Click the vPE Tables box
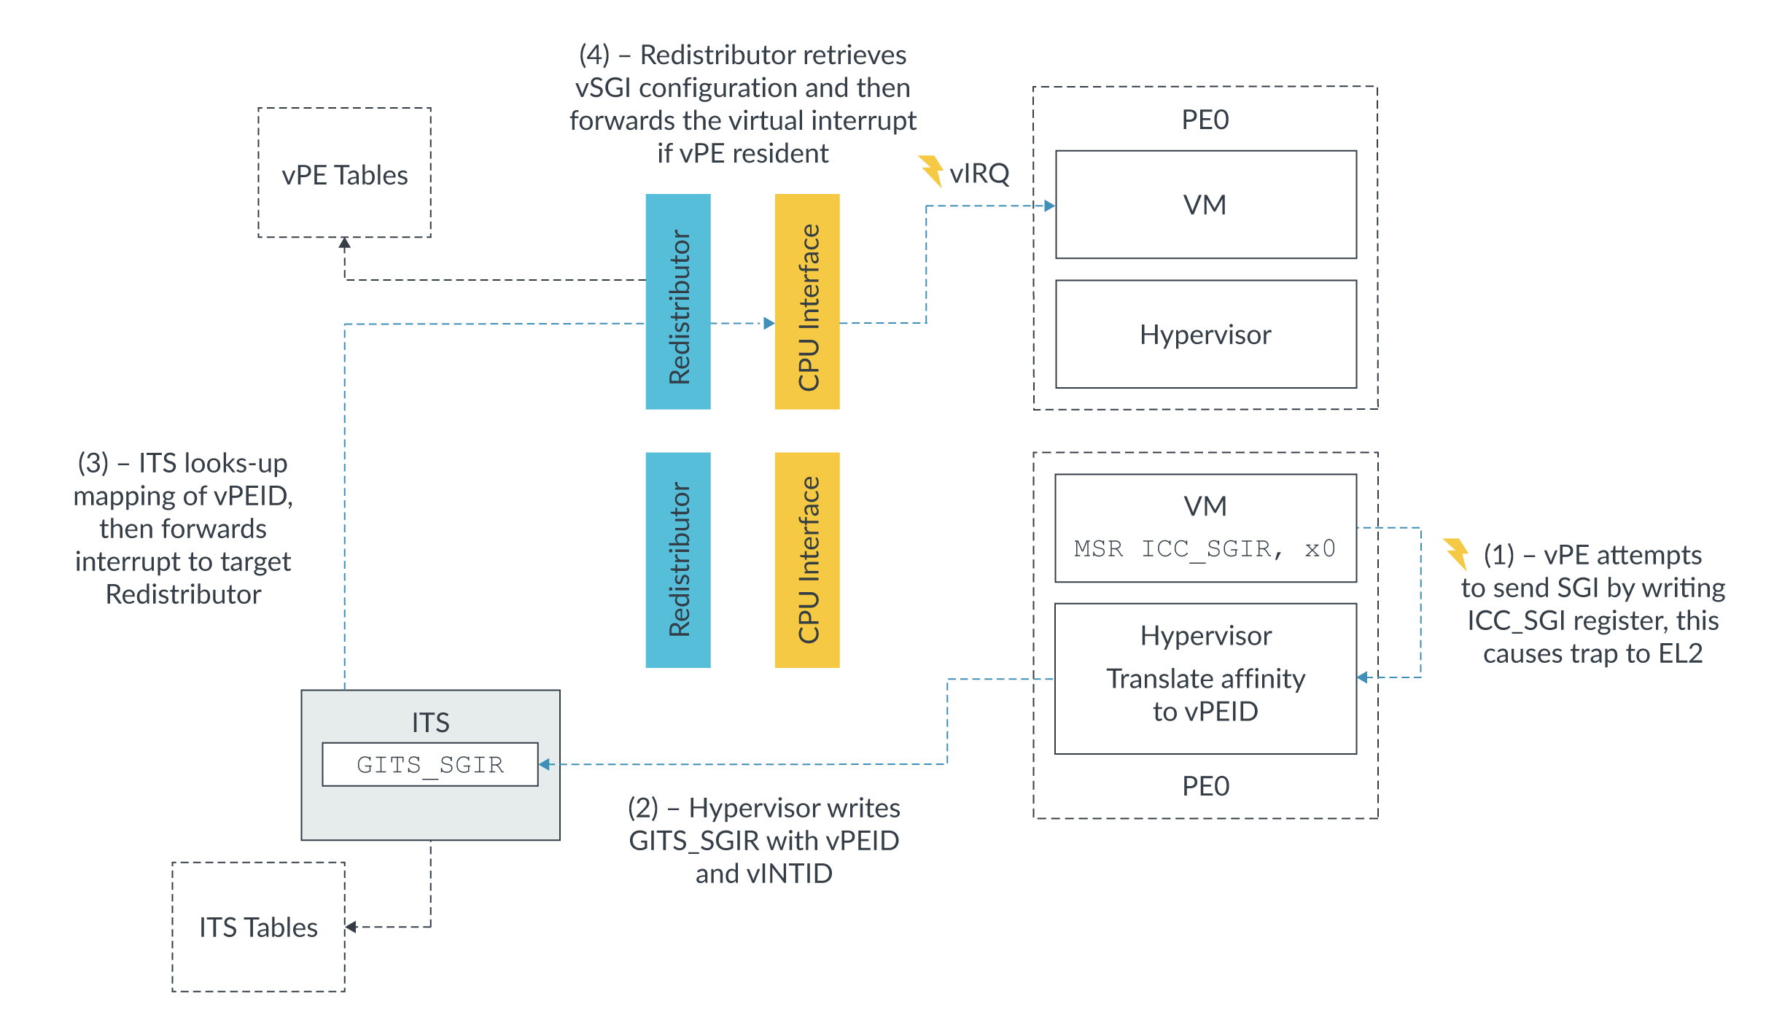[344, 173]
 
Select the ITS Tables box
[258, 926]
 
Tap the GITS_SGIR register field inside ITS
[429, 764]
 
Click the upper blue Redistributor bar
[677, 301]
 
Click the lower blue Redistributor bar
[677, 559]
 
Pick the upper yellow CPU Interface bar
[807, 301]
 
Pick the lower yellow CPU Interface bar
[807, 559]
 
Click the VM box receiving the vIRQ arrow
[1205, 205]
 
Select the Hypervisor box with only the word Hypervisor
[1205, 334]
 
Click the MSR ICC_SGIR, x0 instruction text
[1205, 548]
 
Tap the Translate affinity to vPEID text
[1205, 694]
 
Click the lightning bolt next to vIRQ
[931, 171]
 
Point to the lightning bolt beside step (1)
[1456, 553]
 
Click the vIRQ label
[979, 174]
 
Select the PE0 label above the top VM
[1205, 120]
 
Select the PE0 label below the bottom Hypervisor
[1205, 786]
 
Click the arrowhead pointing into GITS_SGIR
[545, 764]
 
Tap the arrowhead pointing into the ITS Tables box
[351, 927]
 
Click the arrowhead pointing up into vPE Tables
[345, 244]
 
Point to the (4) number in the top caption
[594, 55]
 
